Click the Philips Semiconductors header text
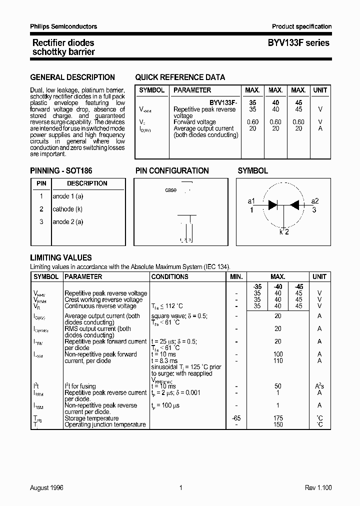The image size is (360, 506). (x=63, y=26)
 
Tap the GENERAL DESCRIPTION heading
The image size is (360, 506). (x=72, y=77)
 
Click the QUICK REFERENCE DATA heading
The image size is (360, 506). (x=180, y=77)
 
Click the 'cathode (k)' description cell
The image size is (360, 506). (x=67, y=209)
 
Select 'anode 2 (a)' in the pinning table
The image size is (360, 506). (x=68, y=221)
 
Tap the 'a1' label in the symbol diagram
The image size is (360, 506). (x=251, y=201)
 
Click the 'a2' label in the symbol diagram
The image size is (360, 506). (x=314, y=201)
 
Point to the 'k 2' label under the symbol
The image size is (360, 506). (x=283, y=231)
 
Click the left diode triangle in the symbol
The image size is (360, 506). (x=273, y=204)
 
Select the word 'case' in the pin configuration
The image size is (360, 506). (x=170, y=190)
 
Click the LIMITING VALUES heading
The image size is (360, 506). (x=61, y=257)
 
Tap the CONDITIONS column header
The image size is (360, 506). (x=169, y=276)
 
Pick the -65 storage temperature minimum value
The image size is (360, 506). (x=236, y=418)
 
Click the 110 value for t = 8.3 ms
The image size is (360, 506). (x=278, y=360)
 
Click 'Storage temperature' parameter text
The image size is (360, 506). (x=91, y=418)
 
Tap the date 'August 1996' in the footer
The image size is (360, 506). (x=47, y=487)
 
